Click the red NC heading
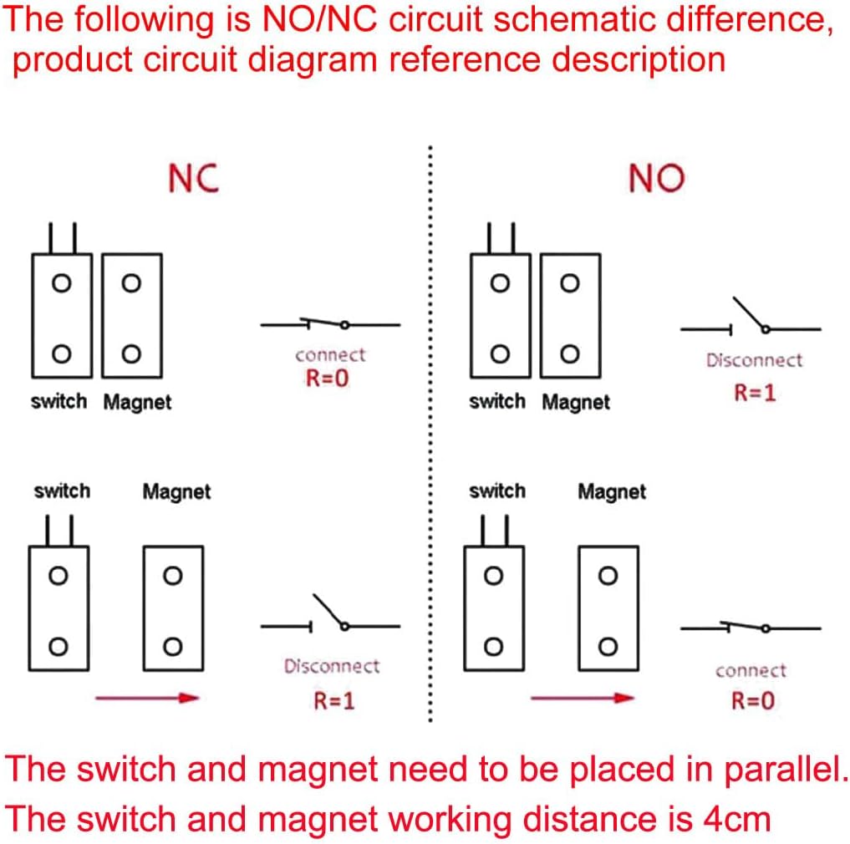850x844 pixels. pyautogui.click(x=193, y=178)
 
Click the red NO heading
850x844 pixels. pyautogui.click(x=655, y=178)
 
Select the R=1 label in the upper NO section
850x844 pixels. pyautogui.click(x=755, y=392)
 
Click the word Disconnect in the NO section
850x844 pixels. pyautogui.click(x=754, y=361)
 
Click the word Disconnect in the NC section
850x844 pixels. pyautogui.click(x=332, y=667)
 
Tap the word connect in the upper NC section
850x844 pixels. pyautogui.click(x=330, y=354)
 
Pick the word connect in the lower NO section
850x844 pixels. pyautogui.click(x=751, y=670)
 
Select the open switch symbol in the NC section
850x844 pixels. pyautogui.click(x=330, y=616)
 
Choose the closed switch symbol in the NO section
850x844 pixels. pyautogui.click(x=751, y=628)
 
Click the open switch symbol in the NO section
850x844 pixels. pyautogui.click(x=751, y=320)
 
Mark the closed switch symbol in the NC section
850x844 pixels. pyautogui.click(x=330, y=324)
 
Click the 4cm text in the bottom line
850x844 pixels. pyautogui.click(x=734, y=819)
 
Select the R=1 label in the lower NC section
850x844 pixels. pyautogui.click(x=334, y=700)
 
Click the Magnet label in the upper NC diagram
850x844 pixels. pyautogui.click(x=137, y=403)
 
